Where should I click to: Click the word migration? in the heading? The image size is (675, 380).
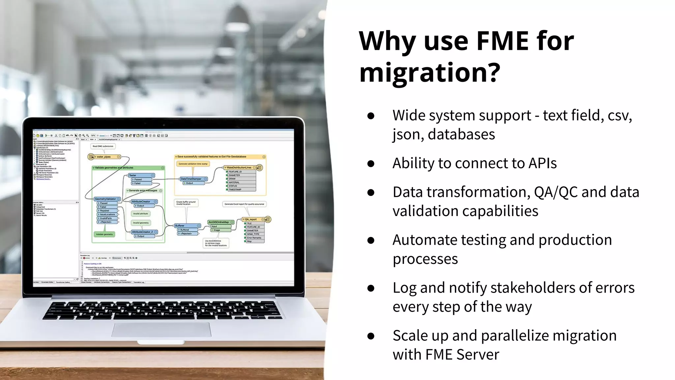429,73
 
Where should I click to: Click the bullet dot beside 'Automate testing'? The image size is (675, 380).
371,240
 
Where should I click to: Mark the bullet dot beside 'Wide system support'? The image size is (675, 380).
371,116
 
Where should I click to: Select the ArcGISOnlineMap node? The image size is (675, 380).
219,222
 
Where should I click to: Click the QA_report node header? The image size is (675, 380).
252,219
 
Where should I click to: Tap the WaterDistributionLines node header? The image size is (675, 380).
240,168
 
